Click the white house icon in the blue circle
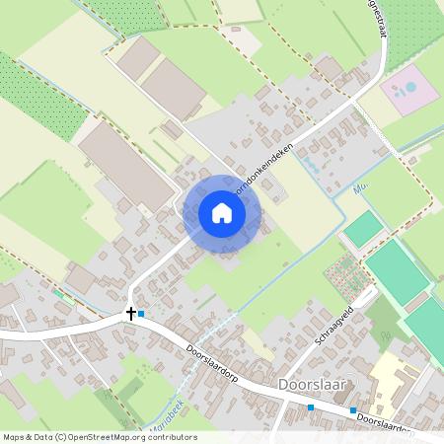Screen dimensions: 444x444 coord(222,213)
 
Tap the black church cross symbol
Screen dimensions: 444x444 coord(130,314)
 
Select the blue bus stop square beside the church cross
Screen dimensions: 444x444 coord(141,314)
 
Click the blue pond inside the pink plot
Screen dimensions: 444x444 coord(405,90)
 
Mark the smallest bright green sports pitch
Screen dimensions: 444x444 coord(363,229)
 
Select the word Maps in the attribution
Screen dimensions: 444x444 coord(15,436)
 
